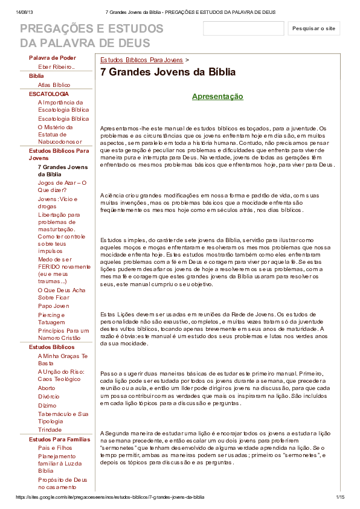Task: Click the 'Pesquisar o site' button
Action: [x=313, y=28]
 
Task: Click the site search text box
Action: [x=243, y=28]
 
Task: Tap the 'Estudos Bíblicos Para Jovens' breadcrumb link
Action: [x=141, y=60]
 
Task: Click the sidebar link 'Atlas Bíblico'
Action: [x=54, y=85]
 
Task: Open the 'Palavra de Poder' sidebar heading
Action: [x=53, y=58]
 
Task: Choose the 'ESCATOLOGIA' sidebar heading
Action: [x=49, y=94]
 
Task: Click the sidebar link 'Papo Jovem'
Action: [x=54, y=306]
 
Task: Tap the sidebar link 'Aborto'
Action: [x=47, y=388]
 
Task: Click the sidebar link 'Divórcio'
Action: [x=49, y=397]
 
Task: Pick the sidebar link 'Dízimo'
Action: [x=47, y=406]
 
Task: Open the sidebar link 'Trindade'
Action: [x=50, y=430]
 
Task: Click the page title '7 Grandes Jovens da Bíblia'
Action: [x=168, y=72]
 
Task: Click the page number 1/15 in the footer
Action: [x=339, y=497]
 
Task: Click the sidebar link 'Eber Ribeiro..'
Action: [x=56, y=67]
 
